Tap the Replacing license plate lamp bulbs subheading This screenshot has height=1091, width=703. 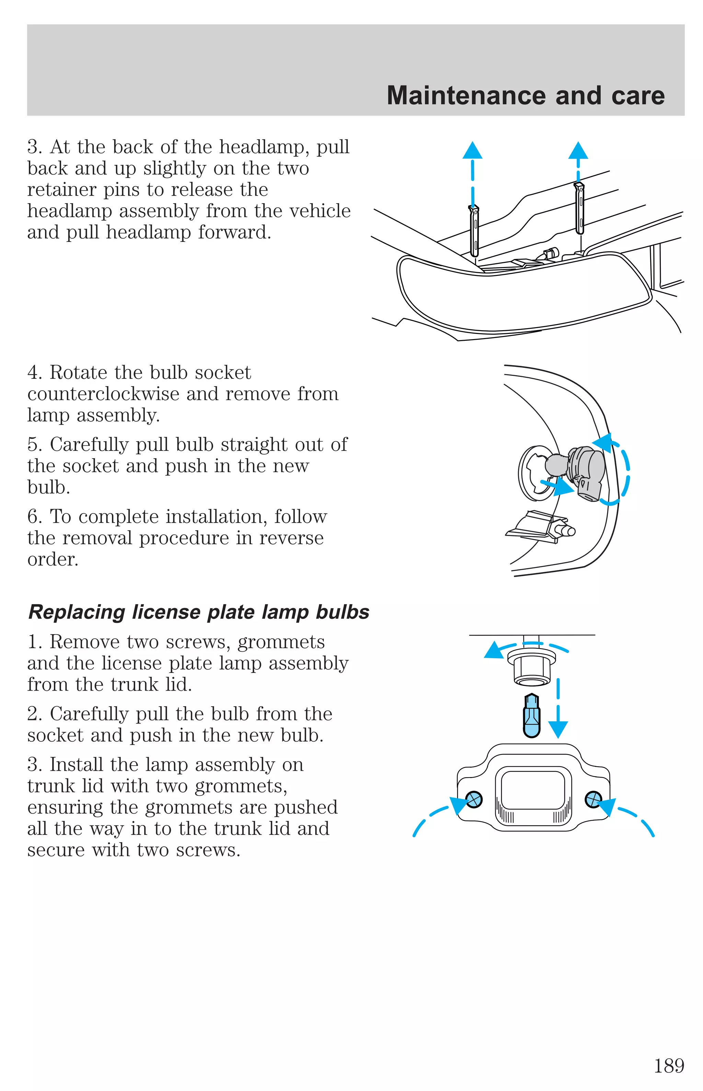pyautogui.click(x=198, y=612)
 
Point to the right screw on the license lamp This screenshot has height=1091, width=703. pyautogui.click(x=593, y=799)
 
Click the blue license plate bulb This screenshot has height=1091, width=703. pyautogui.click(x=532, y=716)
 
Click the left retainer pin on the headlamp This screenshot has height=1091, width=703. pyautogui.click(x=474, y=230)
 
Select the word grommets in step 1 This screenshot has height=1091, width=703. pyautogui.click(x=281, y=642)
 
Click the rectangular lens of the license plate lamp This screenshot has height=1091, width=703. pyautogui.click(x=533, y=789)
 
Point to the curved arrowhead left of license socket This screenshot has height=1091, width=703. pyautogui.click(x=494, y=650)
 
